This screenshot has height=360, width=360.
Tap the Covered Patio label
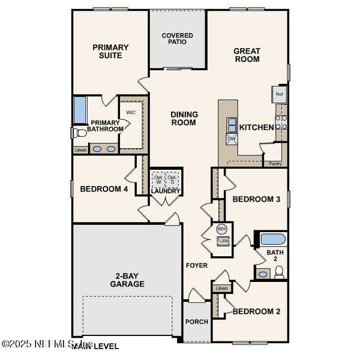(x=178, y=39)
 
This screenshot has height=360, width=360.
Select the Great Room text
(x=247, y=55)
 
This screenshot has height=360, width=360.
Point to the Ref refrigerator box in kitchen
(x=279, y=94)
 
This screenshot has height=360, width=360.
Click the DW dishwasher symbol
(x=232, y=139)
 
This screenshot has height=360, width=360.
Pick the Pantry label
(x=275, y=163)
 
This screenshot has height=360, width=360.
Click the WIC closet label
(x=131, y=112)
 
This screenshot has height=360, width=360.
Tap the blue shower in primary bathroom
(x=80, y=110)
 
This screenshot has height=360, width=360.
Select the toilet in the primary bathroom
(x=76, y=132)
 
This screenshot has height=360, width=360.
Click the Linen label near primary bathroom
(x=80, y=150)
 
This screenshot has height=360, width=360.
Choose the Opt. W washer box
(x=158, y=180)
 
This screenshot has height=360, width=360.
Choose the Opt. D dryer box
(x=172, y=180)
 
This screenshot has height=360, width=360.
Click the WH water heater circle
(x=222, y=229)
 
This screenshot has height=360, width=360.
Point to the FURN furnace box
(x=222, y=241)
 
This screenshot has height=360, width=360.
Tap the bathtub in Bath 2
(x=273, y=239)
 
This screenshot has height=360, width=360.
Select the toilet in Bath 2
(x=279, y=273)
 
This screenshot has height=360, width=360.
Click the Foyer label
(x=196, y=265)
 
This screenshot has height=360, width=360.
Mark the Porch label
(x=197, y=322)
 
